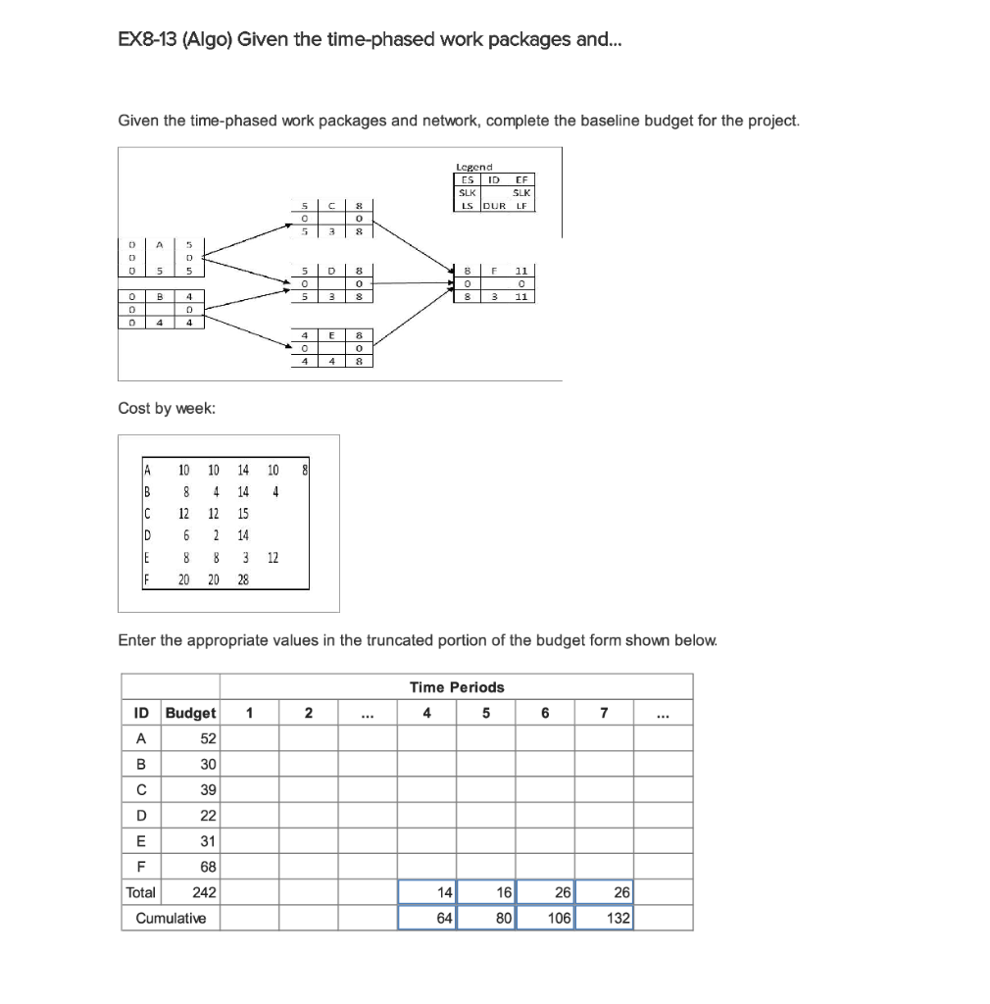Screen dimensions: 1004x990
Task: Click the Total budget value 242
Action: (x=204, y=892)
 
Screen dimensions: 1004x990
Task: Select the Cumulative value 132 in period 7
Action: (x=618, y=918)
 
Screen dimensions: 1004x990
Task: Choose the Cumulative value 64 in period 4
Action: (x=443, y=918)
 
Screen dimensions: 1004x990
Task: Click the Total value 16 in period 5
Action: (x=503, y=892)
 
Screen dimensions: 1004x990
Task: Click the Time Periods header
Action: (x=456, y=687)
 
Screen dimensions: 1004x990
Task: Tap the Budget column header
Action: (x=191, y=713)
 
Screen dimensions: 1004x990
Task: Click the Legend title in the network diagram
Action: (x=474, y=168)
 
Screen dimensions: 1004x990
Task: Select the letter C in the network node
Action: (x=333, y=205)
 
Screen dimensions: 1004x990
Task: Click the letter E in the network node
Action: (x=333, y=335)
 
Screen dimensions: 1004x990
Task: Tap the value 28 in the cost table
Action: (x=243, y=579)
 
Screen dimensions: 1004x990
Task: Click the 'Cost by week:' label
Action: (x=167, y=409)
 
